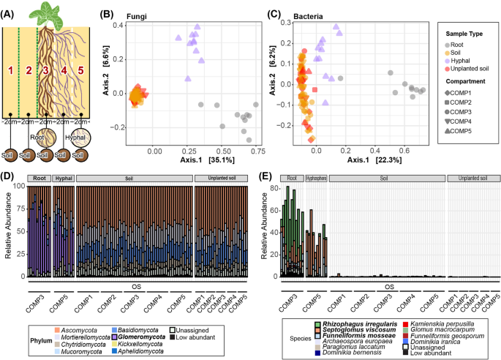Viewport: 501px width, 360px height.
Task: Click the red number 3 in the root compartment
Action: [x=46, y=70]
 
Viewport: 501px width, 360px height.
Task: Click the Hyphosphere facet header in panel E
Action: [x=315, y=178]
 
